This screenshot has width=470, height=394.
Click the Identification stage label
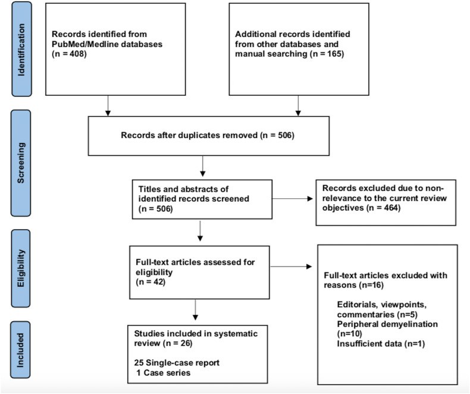click(x=21, y=49)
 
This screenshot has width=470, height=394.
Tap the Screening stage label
click(x=21, y=163)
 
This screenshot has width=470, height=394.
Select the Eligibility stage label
click(x=21, y=268)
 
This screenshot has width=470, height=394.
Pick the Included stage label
click(x=20, y=350)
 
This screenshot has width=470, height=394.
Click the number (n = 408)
click(x=69, y=54)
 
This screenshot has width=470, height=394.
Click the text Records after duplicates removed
click(x=189, y=135)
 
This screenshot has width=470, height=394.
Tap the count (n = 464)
click(x=383, y=208)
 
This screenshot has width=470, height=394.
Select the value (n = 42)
click(x=151, y=282)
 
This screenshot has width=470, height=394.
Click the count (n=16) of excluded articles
click(x=371, y=285)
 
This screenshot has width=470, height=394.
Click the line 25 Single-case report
click(x=177, y=363)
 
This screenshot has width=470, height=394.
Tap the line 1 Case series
click(x=164, y=373)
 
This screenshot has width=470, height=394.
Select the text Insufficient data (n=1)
click(x=381, y=343)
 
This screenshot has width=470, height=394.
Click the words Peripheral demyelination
click(x=387, y=324)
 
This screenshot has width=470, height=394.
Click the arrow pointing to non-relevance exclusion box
click(x=292, y=199)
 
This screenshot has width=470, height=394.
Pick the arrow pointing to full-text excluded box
click(x=291, y=267)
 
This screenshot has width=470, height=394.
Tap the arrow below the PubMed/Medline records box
click(x=108, y=105)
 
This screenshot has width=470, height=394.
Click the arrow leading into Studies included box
click(x=195, y=309)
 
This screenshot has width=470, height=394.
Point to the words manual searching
click(x=271, y=54)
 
